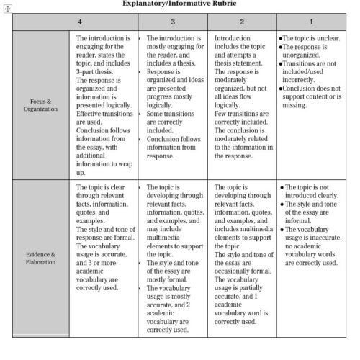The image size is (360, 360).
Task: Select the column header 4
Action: [x=107, y=22]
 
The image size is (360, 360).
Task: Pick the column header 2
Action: [x=242, y=22]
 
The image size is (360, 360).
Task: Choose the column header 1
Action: [x=310, y=22]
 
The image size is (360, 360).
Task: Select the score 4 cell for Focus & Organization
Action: [x=107, y=104]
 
